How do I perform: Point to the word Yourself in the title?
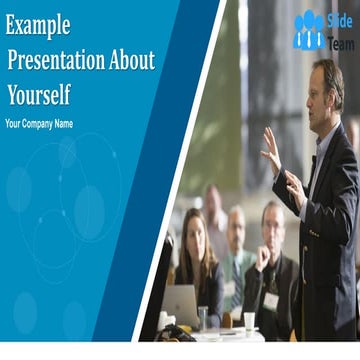[x=39, y=95]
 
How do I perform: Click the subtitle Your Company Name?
[x=39, y=124]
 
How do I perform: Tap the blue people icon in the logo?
[x=308, y=31]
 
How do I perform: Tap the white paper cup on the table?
[x=249, y=322]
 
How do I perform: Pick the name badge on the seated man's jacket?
[x=270, y=299]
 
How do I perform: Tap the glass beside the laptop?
[x=205, y=318]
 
